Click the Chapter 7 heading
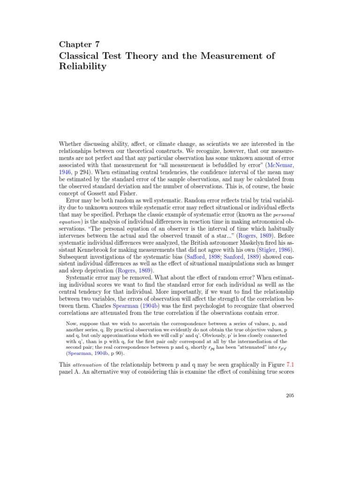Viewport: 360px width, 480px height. coord(79,44)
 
